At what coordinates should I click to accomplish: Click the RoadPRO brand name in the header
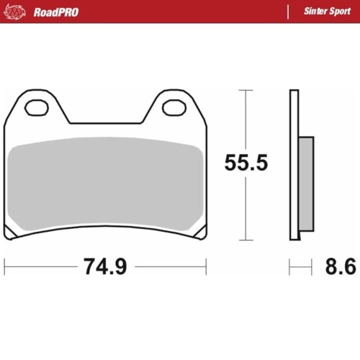[56, 12]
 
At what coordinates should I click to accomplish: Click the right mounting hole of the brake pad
[173, 108]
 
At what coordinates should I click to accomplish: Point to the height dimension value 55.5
[246, 163]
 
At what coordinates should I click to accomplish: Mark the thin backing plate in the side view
[294, 166]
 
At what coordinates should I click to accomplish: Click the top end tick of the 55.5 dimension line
[246, 90]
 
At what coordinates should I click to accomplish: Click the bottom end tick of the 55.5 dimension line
[246, 240]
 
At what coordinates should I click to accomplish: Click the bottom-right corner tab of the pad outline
[199, 235]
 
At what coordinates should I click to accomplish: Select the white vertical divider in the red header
[287, 12]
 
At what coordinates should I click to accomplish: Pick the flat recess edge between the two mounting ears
[104, 122]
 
